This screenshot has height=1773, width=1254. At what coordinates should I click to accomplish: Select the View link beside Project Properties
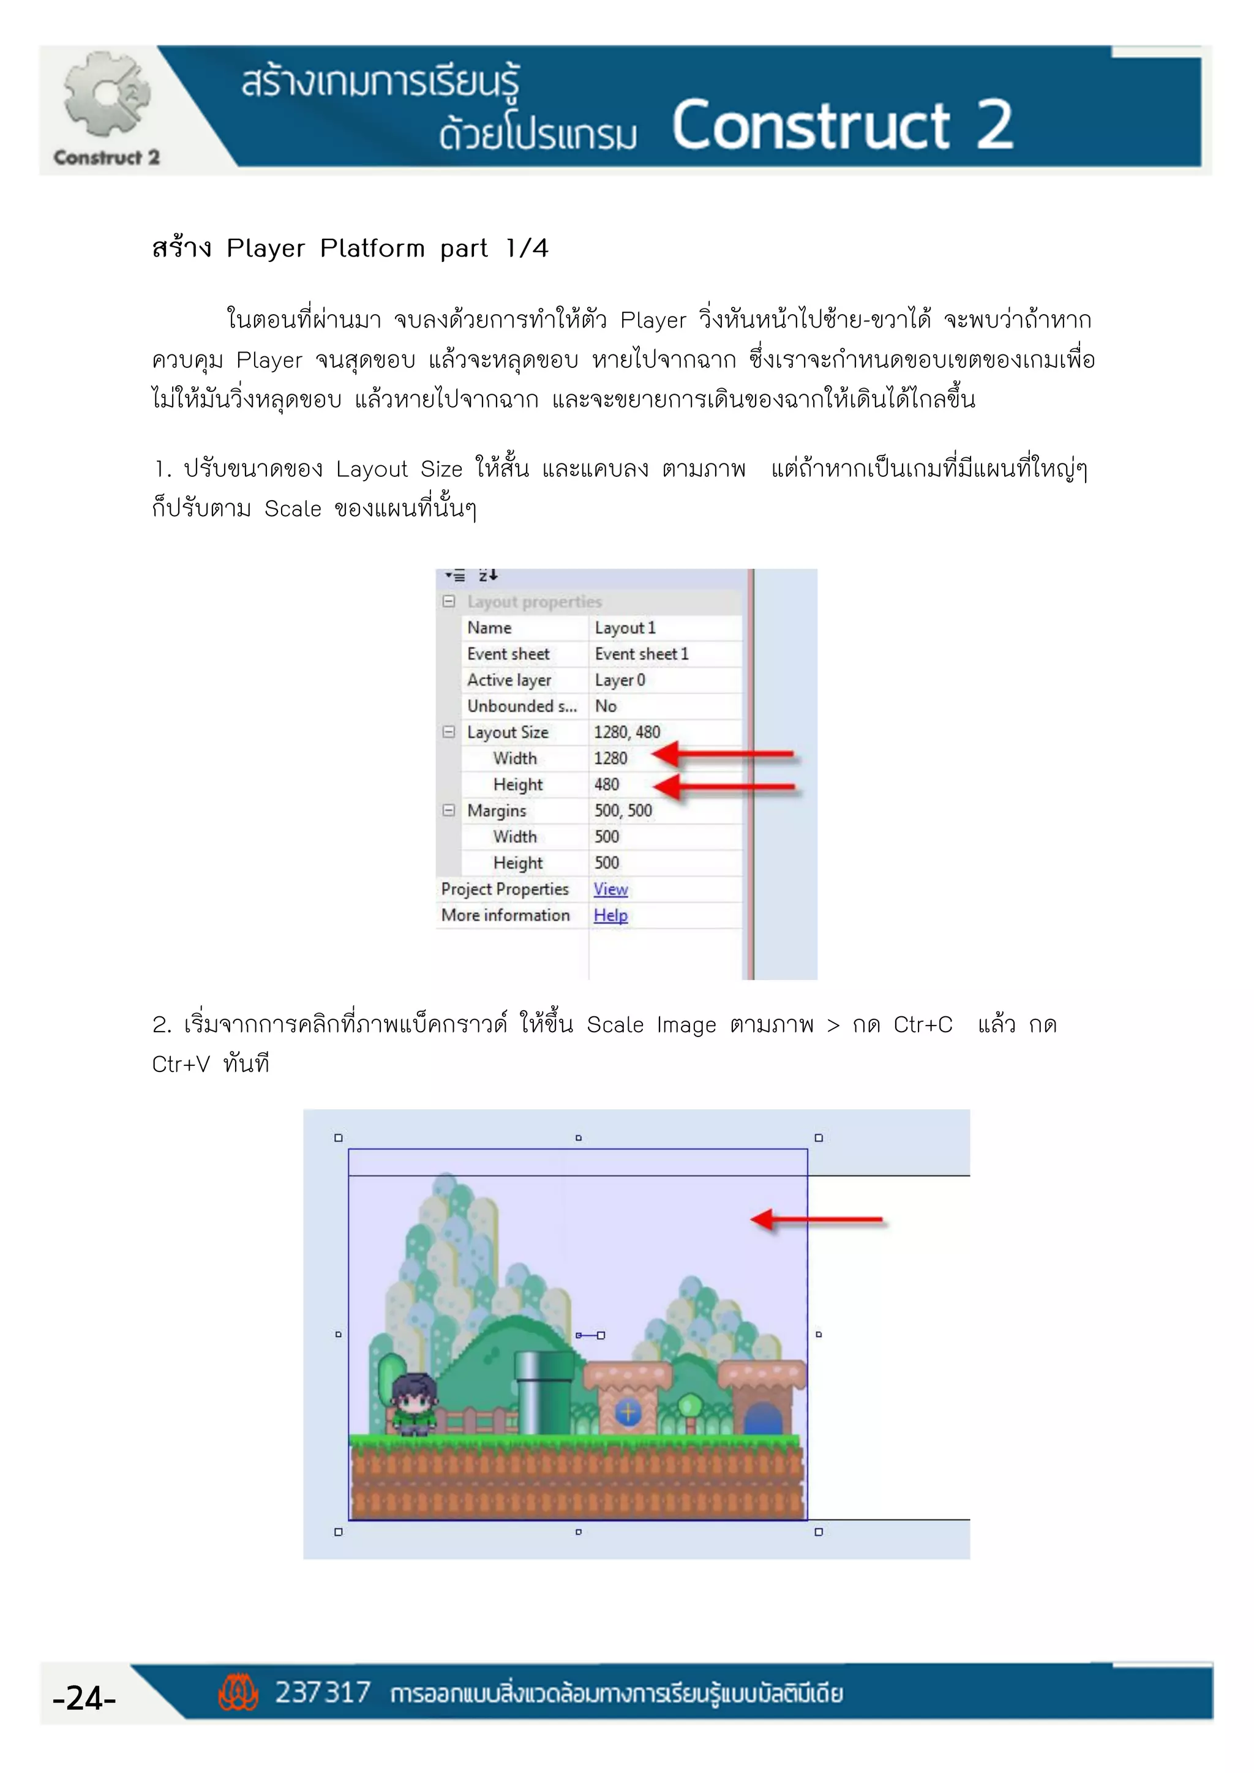(x=610, y=889)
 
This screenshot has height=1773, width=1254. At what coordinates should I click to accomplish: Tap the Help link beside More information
(x=610, y=915)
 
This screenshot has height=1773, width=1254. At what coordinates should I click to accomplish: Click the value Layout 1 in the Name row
(x=625, y=628)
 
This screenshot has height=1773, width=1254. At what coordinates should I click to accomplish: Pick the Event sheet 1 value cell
(x=641, y=654)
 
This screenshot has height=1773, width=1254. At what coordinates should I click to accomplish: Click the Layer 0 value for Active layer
(x=619, y=680)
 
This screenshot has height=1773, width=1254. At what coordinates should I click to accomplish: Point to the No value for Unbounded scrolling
(x=606, y=706)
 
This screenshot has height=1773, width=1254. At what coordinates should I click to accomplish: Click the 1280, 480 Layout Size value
(x=626, y=732)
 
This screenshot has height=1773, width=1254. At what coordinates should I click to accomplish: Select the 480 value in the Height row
(x=606, y=785)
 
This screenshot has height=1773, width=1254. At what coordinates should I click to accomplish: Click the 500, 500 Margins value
(x=622, y=811)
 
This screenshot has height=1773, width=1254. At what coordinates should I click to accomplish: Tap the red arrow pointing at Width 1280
(x=722, y=754)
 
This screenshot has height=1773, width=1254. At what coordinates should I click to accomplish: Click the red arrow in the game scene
(x=816, y=1220)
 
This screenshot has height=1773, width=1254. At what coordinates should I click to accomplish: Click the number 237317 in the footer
(x=323, y=1693)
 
